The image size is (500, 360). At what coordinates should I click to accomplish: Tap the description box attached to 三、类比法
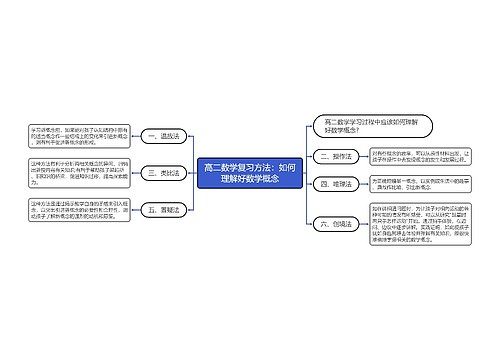pos(68,173)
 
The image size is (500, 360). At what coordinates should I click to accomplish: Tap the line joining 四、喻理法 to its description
pos(362,184)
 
